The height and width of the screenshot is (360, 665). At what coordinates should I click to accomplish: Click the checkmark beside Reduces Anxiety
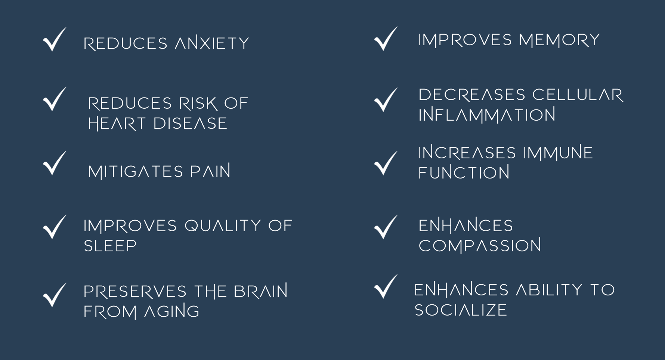click(54, 40)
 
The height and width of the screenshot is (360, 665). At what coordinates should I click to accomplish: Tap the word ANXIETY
click(212, 43)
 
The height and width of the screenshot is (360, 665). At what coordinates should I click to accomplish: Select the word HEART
click(117, 124)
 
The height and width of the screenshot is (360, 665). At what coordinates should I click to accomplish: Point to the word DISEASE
click(190, 124)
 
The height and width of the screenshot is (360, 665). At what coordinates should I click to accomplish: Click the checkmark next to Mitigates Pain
click(54, 164)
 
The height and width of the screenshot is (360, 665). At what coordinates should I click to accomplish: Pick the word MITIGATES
click(136, 171)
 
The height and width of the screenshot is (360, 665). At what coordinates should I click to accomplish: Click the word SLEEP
click(110, 246)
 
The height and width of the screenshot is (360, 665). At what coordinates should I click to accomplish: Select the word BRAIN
click(260, 291)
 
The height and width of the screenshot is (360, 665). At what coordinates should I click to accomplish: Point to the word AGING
click(172, 311)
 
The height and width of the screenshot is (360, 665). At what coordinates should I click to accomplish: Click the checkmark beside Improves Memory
click(386, 39)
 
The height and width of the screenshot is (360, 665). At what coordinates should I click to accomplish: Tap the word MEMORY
click(559, 40)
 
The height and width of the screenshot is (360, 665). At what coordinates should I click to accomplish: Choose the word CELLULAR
click(578, 95)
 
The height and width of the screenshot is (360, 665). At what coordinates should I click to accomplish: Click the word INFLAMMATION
click(487, 115)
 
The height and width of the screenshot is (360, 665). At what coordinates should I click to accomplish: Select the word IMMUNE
click(558, 153)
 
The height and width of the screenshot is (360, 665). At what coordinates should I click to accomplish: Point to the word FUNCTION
click(464, 173)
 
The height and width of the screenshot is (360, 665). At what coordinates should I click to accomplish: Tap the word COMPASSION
click(480, 246)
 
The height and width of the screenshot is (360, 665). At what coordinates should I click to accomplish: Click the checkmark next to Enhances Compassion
click(386, 227)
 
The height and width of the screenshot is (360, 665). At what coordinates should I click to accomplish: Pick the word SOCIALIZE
click(461, 310)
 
